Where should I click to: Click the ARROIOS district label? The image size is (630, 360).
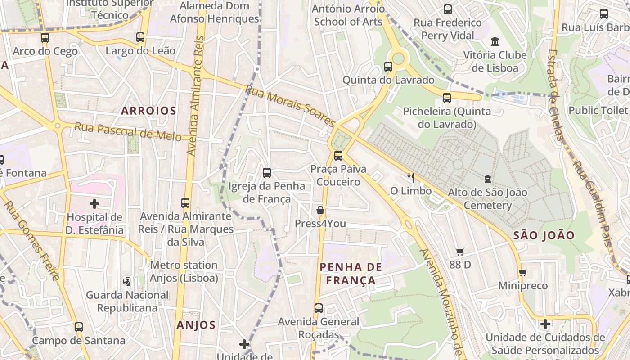(x=148, y=111)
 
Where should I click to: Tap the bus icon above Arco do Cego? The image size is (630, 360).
(x=45, y=38)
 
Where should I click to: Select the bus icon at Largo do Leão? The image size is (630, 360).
(x=140, y=37)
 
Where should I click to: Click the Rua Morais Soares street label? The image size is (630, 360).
(x=290, y=106)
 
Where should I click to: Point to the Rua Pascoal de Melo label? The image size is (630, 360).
(x=128, y=131)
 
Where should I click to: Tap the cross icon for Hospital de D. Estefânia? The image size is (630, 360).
(x=94, y=204)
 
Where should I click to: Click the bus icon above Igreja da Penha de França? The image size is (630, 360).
(x=267, y=173)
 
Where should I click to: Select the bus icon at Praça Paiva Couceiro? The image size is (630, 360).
(x=338, y=156)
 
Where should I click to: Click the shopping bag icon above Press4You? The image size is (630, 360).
(x=320, y=210)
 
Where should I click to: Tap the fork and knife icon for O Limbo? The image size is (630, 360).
(x=410, y=177)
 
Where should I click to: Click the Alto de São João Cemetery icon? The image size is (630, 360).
(x=487, y=179)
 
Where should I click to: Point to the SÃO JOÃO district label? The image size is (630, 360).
(x=544, y=235)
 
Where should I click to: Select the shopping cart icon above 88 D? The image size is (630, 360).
(x=460, y=252)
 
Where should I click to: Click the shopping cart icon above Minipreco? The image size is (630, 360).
(x=522, y=272)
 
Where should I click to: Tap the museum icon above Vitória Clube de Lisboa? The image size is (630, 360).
(x=495, y=42)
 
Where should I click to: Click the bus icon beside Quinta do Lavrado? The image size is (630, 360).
(x=388, y=67)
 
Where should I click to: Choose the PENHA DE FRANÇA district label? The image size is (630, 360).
(x=351, y=274)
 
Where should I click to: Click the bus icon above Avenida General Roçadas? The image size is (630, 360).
(x=319, y=308)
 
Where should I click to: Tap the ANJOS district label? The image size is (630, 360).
(x=196, y=325)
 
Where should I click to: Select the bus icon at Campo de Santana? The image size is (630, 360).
(x=79, y=327)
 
